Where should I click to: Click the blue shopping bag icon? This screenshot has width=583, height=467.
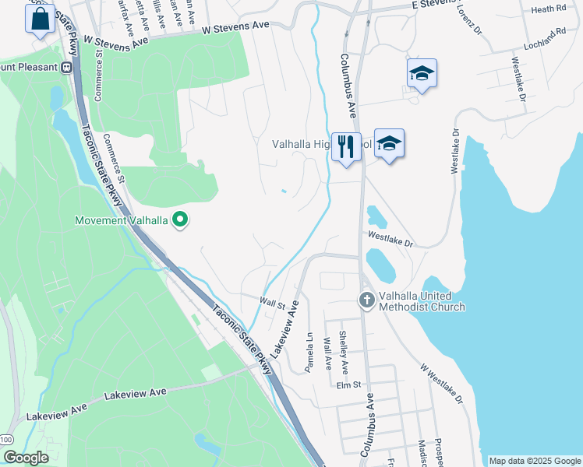(x=41, y=18)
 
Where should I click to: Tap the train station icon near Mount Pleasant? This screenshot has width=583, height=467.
(x=66, y=67)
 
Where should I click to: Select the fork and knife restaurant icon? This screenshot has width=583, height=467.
(x=346, y=146)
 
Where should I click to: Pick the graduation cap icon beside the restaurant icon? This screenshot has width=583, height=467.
(x=389, y=144)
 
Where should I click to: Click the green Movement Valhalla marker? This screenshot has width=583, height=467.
(x=181, y=220)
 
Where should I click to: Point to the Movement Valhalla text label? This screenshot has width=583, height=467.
(x=122, y=220)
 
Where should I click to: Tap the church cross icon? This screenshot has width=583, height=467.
(x=367, y=300)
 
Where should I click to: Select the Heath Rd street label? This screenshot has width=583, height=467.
(x=548, y=9)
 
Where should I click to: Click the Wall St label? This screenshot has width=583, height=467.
(x=274, y=304)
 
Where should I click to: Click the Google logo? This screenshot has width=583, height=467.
(x=26, y=458)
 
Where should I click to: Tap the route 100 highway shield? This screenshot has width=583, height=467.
(x=6, y=440)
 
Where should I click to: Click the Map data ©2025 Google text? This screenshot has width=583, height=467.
(x=535, y=461)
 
